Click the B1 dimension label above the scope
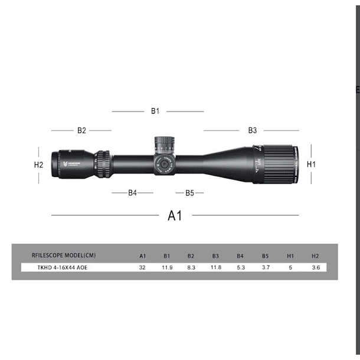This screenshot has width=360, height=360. [x=155, y=111]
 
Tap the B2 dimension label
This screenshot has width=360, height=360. [x=81, y=130]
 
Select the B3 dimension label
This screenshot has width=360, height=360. [x=252, y=130]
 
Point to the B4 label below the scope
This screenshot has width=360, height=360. [x=132, y=192]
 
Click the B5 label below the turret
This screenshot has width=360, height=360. [x=189, y=192]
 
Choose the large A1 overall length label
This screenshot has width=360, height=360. [x=175, y=215]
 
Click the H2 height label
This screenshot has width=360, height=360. [x=38, y=165]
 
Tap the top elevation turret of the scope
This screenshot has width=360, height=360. [x=164, y=145]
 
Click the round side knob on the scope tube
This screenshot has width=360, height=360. [x=164, y=165]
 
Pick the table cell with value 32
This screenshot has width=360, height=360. [x=142, y=267]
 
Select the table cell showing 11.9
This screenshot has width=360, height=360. [x=166, y=267]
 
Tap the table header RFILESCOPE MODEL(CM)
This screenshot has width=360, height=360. [x=63, y=256]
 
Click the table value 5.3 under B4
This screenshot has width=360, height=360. [x=240, y=267]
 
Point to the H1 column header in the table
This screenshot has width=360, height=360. [x=290, y=256]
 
